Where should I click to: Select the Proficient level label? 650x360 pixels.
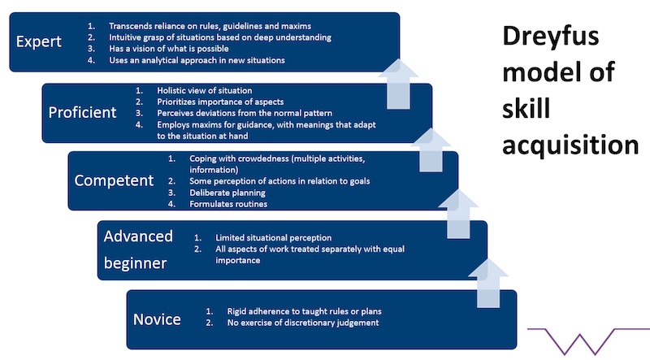pyautogui.click(x=82, y=112)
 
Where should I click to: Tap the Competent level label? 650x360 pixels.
pyautogui.click(x=114, y=180)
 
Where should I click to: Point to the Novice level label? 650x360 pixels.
pyautogui.click(x=157, y=319)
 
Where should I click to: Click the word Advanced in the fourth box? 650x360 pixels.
pyautogui.click(x=138, y=236)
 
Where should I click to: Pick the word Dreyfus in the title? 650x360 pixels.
pyautogui.click(x=552, y=37)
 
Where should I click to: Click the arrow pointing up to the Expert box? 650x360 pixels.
pyautogui.click(x=398, y=85)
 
